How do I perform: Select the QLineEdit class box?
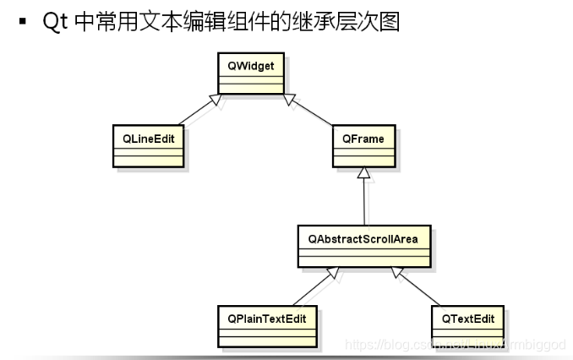click(x=147, y=145)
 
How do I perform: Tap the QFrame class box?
click(x=363, y=145)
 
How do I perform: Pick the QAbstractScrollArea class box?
click(x=364, y=245)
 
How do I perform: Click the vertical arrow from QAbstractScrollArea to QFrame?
click(x=364, y=199)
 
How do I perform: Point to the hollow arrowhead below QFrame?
click(x=364, y=172)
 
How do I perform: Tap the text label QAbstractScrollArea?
click(x=364, y=238)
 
